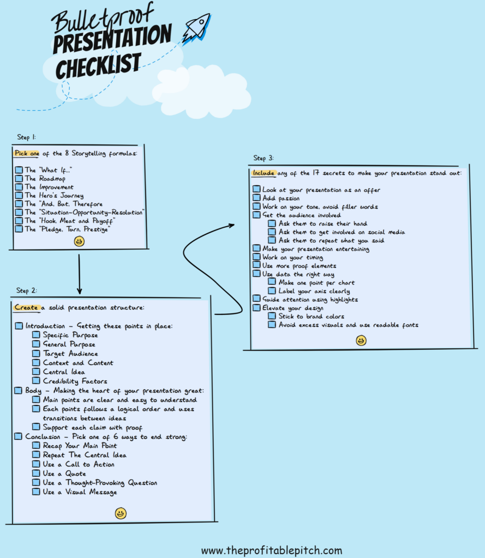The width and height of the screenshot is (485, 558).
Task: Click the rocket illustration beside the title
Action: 197,28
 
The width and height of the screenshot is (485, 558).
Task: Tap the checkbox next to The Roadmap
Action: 19,178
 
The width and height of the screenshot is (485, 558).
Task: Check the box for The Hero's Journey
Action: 19,195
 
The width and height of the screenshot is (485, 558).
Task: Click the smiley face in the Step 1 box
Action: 79,241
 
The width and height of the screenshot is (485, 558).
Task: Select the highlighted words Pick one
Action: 27,153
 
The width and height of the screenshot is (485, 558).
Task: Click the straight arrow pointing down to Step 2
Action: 79,274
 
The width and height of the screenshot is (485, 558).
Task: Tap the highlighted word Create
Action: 26,307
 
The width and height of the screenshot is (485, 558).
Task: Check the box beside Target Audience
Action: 36,353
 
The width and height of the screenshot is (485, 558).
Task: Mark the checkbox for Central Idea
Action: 36,372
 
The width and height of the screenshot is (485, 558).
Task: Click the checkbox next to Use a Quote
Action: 36,473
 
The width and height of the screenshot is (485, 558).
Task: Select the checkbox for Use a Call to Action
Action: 36,464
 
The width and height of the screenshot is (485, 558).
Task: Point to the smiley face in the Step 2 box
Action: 121,513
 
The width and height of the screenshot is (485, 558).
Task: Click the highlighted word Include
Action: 264,173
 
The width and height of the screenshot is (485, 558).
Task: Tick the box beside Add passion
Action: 256,197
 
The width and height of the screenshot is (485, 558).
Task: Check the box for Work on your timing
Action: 256,257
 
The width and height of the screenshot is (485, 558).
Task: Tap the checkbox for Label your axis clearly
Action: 272,290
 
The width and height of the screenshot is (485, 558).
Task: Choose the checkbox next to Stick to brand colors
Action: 272,316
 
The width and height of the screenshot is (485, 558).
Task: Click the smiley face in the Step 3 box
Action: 361,341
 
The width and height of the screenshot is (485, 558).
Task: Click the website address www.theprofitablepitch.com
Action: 272,550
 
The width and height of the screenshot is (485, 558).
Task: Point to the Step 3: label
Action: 264,158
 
